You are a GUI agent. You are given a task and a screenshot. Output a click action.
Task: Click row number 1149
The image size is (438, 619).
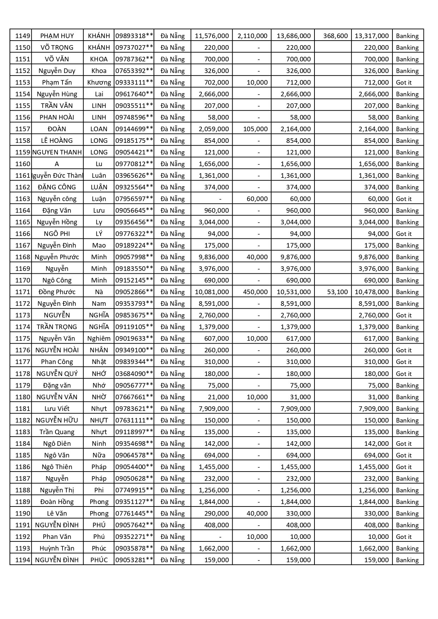(23, 36)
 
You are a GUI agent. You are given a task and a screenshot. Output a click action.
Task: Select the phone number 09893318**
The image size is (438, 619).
(134, 36)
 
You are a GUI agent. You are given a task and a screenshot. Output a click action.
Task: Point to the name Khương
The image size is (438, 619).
(99, 82)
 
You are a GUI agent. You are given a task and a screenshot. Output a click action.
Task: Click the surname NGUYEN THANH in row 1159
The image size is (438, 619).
(57, 152)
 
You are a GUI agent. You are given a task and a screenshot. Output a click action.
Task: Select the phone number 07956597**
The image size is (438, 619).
(134, 199)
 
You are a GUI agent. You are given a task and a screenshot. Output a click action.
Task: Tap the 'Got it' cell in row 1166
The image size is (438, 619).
(404, 233)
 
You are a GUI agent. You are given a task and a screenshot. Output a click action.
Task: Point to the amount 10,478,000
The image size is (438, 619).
(372, 292)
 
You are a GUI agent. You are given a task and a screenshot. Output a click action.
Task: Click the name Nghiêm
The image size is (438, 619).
(99, 338)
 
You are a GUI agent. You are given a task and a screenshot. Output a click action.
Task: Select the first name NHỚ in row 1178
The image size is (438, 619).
(99, 374)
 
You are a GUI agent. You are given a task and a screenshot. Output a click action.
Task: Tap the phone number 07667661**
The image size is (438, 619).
(134, 397)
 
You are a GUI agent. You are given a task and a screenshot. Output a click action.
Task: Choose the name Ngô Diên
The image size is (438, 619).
(57, 443)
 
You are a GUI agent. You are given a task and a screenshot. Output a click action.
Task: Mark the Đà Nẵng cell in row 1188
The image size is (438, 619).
(173, 490)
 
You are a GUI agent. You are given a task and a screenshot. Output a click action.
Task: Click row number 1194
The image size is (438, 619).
(23, 560)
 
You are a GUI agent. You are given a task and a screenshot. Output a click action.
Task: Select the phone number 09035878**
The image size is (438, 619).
(134, 548)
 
